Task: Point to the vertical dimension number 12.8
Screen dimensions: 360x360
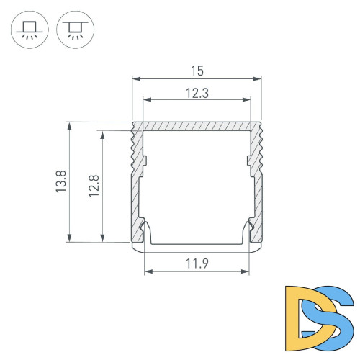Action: pyautogui.click(x=94, y=186)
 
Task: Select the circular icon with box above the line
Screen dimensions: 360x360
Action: pyautogui.click(x=30, y=32)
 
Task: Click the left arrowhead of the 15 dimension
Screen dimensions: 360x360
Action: pyautogui.click(x=135, y=78)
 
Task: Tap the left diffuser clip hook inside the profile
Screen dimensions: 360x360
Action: pyautogui.click(x=146, y=231)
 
